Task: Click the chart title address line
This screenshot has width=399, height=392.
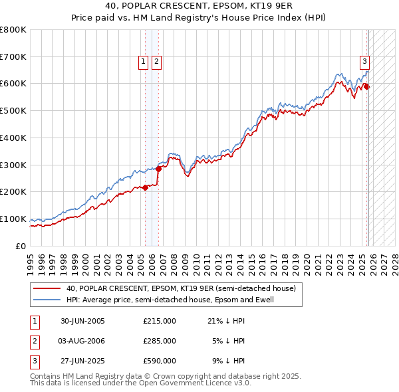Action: (199, 6)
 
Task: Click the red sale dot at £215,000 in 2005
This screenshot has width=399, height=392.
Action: (146, 187)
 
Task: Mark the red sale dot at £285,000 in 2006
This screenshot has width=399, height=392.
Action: (158, 169)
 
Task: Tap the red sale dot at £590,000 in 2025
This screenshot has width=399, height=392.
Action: (367, 86)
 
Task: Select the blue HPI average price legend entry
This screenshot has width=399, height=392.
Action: (170, 300)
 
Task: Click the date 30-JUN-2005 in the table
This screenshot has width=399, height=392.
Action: (82, 321)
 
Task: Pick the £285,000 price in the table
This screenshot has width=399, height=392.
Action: (160, 341)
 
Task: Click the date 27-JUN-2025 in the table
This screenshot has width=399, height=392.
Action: (82, 361)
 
